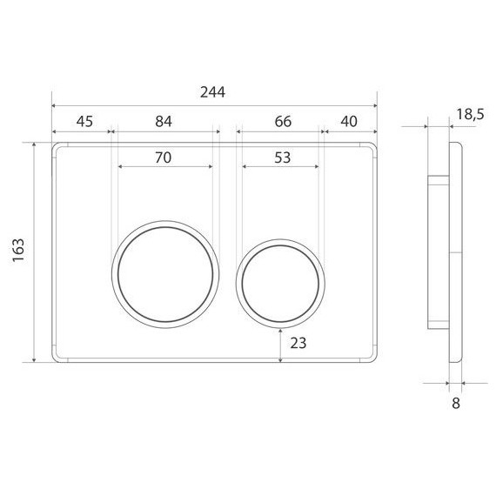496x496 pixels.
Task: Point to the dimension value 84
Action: pyautogui.click(x=164, y=122)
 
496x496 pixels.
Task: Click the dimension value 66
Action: pyautogui.click(x=283, y=122)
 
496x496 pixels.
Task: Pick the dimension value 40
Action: pyautogui.click(x=350, y=122)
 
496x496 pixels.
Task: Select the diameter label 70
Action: pyautogui.click(x=163, y=158)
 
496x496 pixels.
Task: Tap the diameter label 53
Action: pyautogui.click(x=282, y=158)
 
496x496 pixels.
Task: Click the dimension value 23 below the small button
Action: pyautogui.click(x=298, y=343)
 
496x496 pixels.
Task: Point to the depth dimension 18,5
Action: pyautogui.click(x=468, y=113)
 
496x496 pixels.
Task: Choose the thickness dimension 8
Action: pyautogui.click(x=455, y=402)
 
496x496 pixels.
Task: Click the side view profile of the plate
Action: pyautogui.click(x=450, y=252)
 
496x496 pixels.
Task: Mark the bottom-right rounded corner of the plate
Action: pyautogui.click(x=372, y=357)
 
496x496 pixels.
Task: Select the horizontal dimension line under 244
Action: pyautogui.click(x=213, y=104)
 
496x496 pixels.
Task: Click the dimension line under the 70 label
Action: pyautogui.click(x=163, y=167)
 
